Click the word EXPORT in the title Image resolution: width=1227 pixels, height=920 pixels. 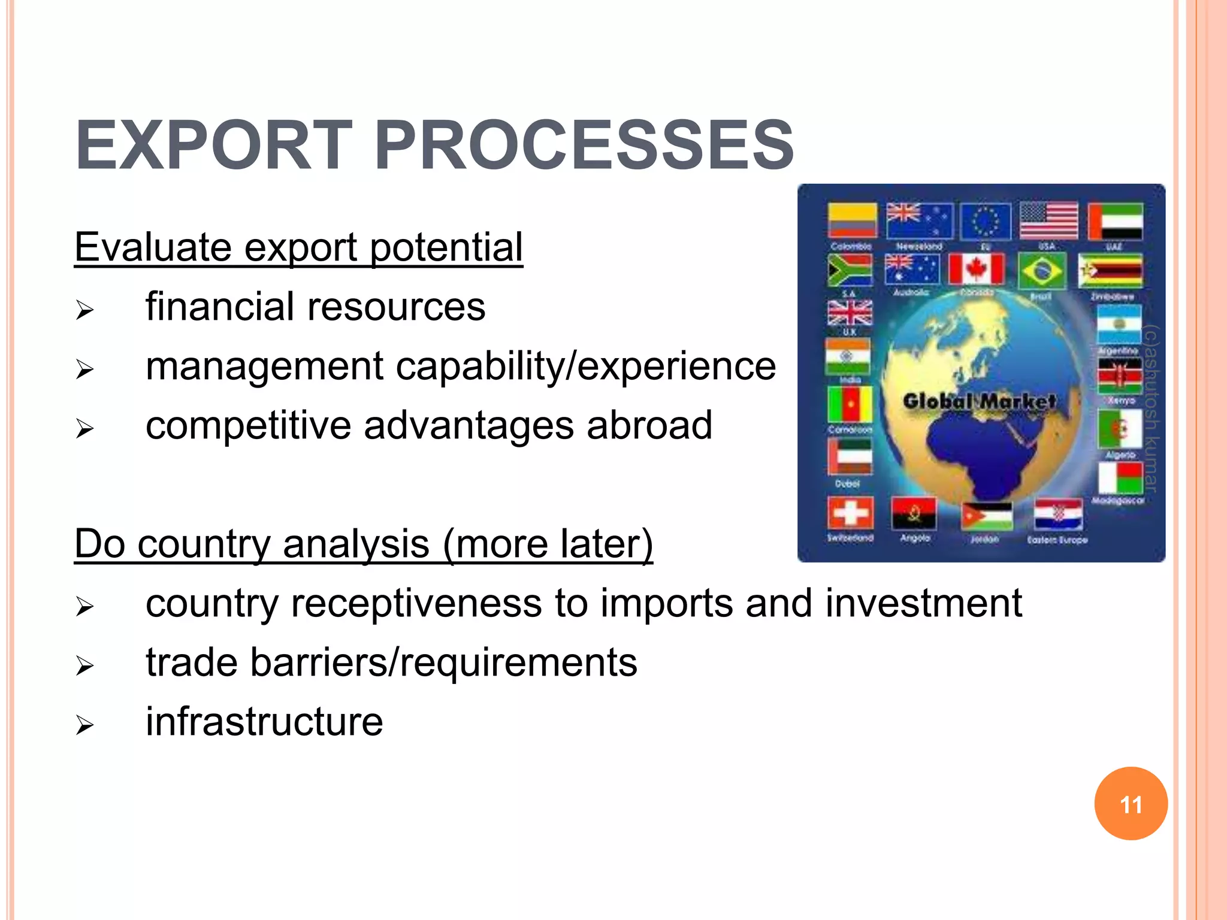pyautogui.click(x=214, y=146)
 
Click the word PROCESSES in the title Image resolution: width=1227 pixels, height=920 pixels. pyautogui.click(x=584, y=146)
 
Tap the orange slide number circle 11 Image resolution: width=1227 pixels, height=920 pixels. pyautogui.click(x=1131, y=803)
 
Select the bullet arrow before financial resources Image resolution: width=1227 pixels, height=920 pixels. pyautogui.click(x=85, y=310)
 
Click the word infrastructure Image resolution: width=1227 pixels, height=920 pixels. pyautogui.click(x=264, y=721)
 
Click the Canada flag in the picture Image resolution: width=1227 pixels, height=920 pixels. pyautogui.click(x=977, y=269)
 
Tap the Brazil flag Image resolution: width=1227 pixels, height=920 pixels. pyautogui.click(x=1042, y=271)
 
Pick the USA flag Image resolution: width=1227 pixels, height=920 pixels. pyautogui.click(x=1048, y=220)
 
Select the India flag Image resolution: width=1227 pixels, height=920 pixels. pyautogui.click(x=847, y=357)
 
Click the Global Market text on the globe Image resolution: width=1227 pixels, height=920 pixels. pyautogui.click(x=980, y=401)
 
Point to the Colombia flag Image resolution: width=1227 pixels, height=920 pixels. pyautogui.click(x=852, y=220)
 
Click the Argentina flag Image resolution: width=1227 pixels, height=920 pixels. pyautogui.click(x=1119, y=325)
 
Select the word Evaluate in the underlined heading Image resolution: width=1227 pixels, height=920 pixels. pyautogui.click(x=153, y=247)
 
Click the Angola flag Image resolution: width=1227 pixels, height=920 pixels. pyautogui.click(x=914, y=513)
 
